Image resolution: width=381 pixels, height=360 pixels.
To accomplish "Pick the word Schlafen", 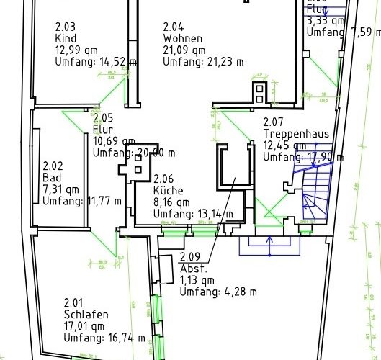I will tap(86, 315).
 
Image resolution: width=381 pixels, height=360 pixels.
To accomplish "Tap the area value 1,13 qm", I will tap(198, 280).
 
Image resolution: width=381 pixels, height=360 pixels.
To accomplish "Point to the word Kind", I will tap(66, 39).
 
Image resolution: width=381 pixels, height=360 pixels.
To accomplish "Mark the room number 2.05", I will tap(103, 118).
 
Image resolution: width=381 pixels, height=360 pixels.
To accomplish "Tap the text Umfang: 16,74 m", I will tap(104, 338).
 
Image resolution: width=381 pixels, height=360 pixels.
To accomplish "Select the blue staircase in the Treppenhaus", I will tap(315, 188).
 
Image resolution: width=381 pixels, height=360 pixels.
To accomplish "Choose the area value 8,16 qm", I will tap(171, 202).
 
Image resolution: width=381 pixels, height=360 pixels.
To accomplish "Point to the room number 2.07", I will tap(274, 122).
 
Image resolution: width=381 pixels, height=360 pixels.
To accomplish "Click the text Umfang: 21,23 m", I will tap(203, 62).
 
